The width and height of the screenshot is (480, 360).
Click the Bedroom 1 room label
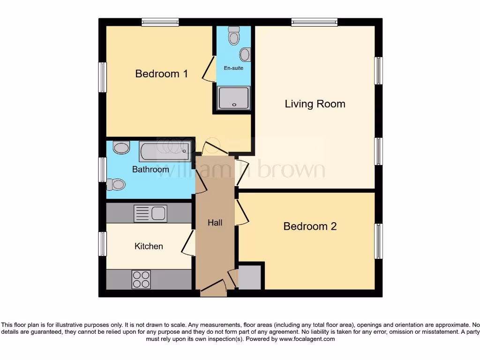(161, 74)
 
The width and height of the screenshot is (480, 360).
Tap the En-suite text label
(233, 68)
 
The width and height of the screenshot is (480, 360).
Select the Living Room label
(315, 104)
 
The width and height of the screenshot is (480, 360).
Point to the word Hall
(215, 223)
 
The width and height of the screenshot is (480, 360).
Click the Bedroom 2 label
(310, 226)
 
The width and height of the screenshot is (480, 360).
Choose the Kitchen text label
(149, 246)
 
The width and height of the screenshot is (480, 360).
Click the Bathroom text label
(150, 169)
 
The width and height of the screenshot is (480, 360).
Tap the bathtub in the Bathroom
(165, 151)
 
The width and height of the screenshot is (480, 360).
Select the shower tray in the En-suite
(233, 98)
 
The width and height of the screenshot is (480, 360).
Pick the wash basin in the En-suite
(245, 55)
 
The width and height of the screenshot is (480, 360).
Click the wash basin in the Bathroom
(121, 148)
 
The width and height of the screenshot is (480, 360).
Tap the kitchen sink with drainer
(150, 214)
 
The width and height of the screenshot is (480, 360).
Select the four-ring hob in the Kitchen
(142, 280)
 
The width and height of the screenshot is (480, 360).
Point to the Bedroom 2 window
(378, 241)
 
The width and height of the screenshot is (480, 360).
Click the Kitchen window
(102, 244)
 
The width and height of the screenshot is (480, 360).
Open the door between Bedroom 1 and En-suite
(208, 68)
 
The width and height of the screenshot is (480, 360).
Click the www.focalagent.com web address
(307, 339)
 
